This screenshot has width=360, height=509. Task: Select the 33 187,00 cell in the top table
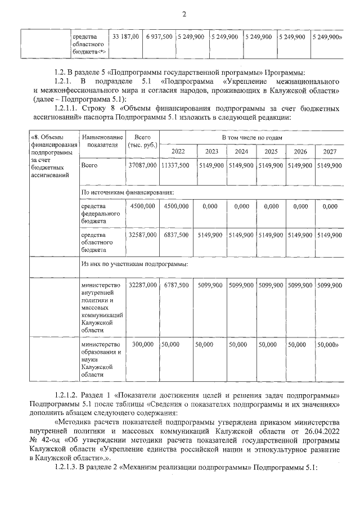coord(126,37)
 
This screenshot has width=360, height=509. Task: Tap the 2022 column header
coord(178,151)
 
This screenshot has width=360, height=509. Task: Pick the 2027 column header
coord(330,151)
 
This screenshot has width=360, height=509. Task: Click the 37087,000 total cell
coord(142,166)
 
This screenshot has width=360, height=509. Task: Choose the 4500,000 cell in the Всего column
coord(142,206)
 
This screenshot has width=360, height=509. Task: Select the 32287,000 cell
coord(142,286)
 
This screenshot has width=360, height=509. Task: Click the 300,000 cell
coord(142,344)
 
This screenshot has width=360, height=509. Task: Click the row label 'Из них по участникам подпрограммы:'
coord(134,263)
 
